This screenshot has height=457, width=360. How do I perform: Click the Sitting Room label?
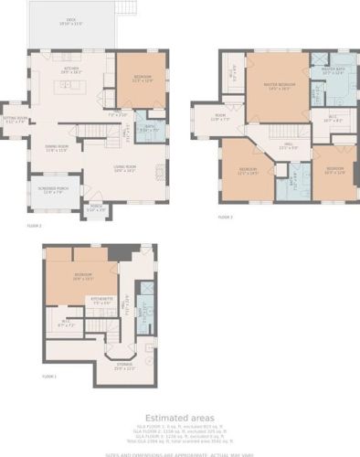(15, 120)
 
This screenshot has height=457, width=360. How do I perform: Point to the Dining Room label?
(58, 151)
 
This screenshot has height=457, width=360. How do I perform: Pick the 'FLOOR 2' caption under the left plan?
(34, 224)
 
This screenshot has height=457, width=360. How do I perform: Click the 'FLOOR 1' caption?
(49, 376)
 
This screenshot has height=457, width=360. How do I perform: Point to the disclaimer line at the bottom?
(179, 452)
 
